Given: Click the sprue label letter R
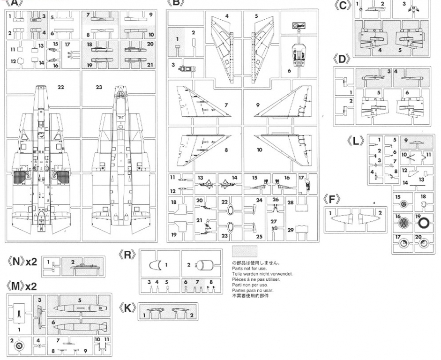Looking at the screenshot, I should click(x=128, y=255).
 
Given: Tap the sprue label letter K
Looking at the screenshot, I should click(x=128, y=309).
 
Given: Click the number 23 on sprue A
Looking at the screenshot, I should click(x=99, y=87).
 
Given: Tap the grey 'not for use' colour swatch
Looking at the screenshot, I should click(x=244, y=252).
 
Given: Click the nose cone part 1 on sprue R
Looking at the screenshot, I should click(x=154, y=264).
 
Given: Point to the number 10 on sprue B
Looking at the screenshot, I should click(x=259, y=150).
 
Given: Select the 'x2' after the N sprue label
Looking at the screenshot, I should click(x=31, y=262).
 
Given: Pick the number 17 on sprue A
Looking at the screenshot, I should click(x=67, y=45).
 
